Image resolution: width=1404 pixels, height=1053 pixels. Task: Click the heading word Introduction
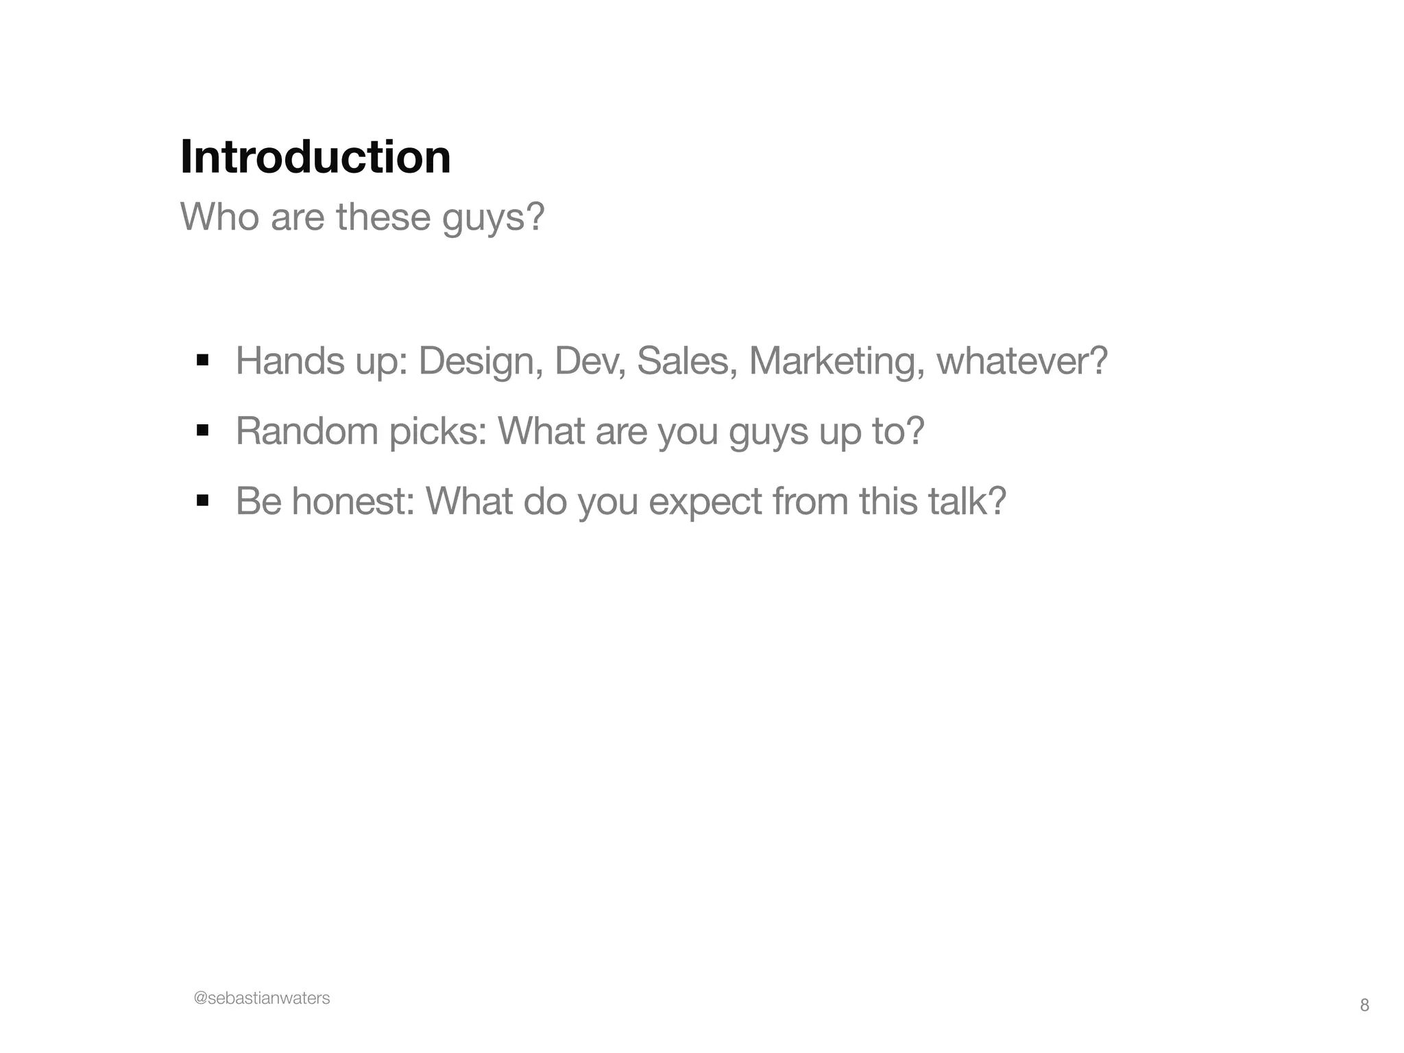(x=315, y=157)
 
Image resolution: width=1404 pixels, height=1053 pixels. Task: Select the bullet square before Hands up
(x=202, y=360)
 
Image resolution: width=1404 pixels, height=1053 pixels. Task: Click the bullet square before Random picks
(x=202, y=431)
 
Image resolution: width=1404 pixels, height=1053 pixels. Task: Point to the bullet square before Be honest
(x=202, y=500)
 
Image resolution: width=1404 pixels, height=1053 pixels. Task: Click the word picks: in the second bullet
(x=438, y=431)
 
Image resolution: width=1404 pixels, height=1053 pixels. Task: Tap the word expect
(x=705, y=503)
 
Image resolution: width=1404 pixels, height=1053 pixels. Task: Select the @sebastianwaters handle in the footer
(x=262, y=998)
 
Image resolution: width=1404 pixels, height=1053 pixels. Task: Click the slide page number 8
(x=1364, y=1005)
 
